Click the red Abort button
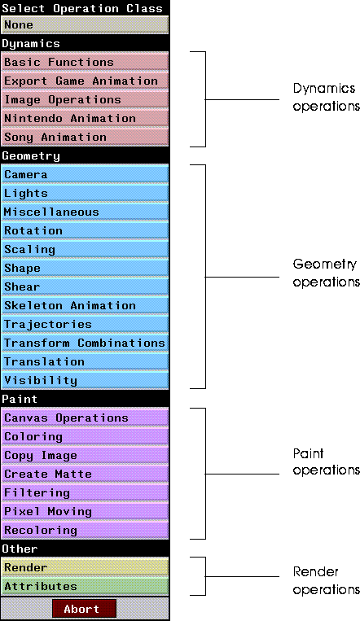click(x=84, y=608)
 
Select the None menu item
click(x=86, y=25)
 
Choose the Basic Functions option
click(x=86, y=62)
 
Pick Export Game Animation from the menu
click(x=86, y=81)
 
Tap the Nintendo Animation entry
click(x=86, y=118)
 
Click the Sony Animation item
click(x=86, y=137)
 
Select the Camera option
click(x=86, y=175)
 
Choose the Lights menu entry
click(x=86, y=193)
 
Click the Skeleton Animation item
click(x=86, y=306)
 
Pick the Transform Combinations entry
click(x=86, y=343)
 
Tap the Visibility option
click(x=86, y=381)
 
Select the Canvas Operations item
click(x=86, y=418)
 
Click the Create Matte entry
click(x=86, y=474)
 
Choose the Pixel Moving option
click(x=86, y=512)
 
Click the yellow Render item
click(x=86, y=567)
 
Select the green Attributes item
click(x=86, y=586)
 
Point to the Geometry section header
click(x=31, y=156)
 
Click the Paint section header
click(x=20, y=399)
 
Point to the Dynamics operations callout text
click(x=327, y=97)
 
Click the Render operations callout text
click(x=327, y=580)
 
